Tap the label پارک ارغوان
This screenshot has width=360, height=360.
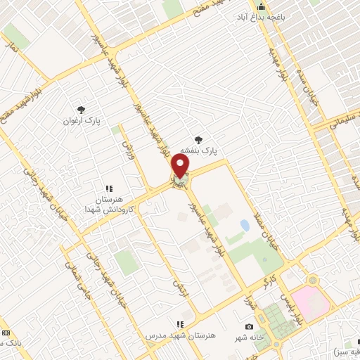point(82,120)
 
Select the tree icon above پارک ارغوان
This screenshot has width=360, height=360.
point(82,109)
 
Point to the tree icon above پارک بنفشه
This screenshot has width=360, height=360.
point(200,139)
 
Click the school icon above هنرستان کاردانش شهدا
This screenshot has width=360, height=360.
point(109,188)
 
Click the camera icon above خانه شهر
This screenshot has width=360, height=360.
point(249,326)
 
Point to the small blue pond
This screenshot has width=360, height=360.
point(244,226)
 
